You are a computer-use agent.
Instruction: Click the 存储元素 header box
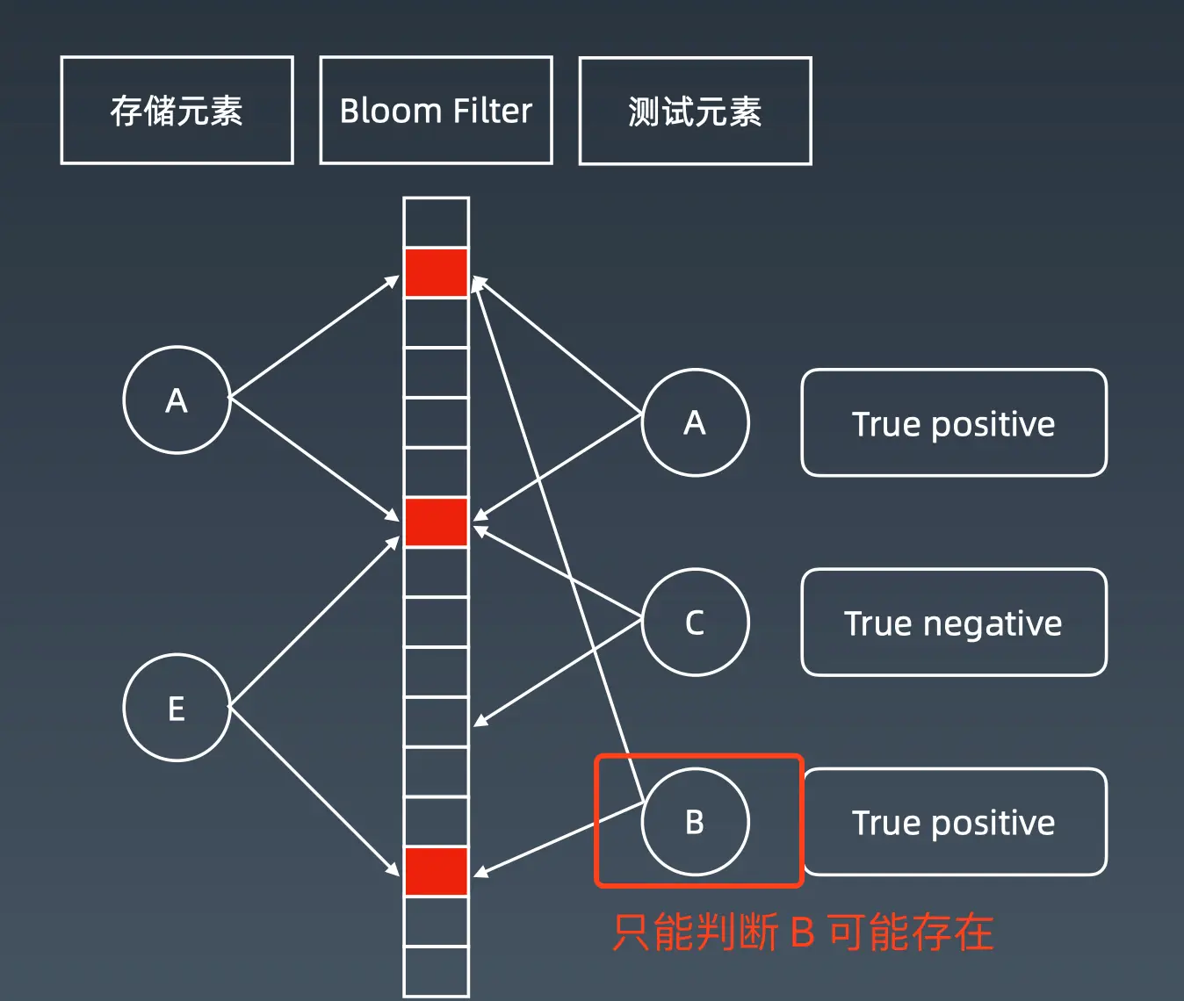click(177, 111)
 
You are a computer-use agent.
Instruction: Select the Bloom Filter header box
click(436, 111)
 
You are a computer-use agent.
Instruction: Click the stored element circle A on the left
click(177, 400)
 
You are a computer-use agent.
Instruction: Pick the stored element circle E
click(177, 708)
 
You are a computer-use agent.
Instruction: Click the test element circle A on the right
click(695, 422)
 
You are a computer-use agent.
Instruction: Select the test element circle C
click(695, 623)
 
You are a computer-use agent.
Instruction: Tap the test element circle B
click(695, 822)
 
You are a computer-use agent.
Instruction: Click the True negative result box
click(954, 623)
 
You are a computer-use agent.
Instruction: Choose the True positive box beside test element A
click(954, 423)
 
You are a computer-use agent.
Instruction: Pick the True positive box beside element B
click(954, 822)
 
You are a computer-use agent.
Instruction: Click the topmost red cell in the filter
click(436, 272)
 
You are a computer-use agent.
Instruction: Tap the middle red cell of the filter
click(436, 522)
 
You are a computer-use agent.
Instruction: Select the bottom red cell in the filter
click(436, 871)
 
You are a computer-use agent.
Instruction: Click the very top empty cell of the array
click(436, 222)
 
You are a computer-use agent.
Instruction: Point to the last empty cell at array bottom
click(436, 970)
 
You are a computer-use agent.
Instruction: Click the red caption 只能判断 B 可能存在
click(802, 933)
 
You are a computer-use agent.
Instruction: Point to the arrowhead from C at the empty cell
click(479, 723)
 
